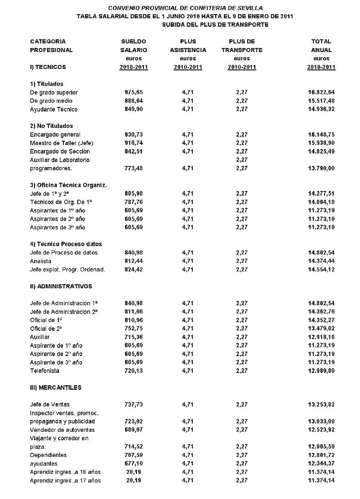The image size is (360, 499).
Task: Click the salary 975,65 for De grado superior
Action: coord(133,92)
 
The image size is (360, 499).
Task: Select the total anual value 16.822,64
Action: coord(322,92)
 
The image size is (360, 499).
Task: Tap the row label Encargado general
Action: coord(55,134)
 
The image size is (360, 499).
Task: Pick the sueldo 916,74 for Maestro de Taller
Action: coord(133,143)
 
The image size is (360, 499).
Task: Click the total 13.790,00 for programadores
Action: coord(322,168)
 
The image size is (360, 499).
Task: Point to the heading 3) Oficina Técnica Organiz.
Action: coord(68,185)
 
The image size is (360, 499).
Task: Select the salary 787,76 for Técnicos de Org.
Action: coord(133,202)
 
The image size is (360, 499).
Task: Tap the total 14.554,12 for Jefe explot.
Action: coord(322,270)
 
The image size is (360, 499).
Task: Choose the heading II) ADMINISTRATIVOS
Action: coord(61,287)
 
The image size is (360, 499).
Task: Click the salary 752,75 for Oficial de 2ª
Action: coord(133,329)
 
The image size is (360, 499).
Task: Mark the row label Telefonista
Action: coord(45,371)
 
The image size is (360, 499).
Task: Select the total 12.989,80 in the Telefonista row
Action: coord(322,371)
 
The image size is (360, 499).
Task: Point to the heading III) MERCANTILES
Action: coord(56,388)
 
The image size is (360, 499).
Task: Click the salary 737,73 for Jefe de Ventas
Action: coord(133,404)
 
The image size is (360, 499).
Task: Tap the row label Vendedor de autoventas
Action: coord(62,430)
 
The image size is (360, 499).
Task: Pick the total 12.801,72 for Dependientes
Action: coord(322,455)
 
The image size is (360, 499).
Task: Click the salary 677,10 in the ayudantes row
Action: coord(133,463)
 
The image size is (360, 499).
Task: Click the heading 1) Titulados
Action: coord(47,84)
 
